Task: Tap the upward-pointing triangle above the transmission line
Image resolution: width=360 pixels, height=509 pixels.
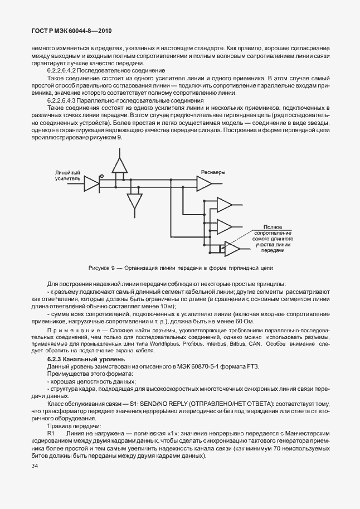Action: pyautogui.click(x=119, y=166)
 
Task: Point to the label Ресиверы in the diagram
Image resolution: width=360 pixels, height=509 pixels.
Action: pyautogui.click(x=213, y=172)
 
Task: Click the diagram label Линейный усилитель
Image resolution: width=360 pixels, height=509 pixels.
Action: pyautogui.click(x=68, y=176)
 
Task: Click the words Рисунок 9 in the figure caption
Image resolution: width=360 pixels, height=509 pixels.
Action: pyautogui.click(x=102, y=268)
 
